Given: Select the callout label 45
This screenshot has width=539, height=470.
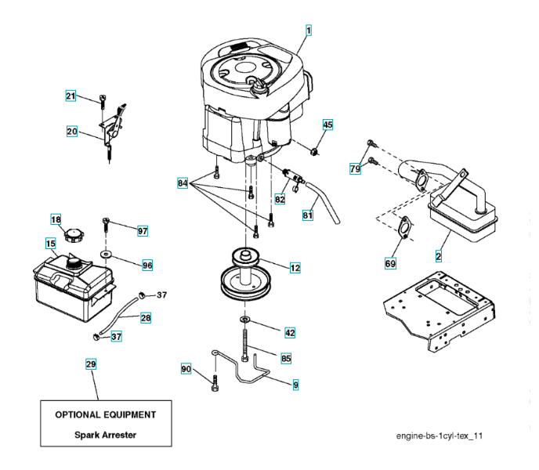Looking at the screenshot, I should pyautogui.click(x=327, y=125).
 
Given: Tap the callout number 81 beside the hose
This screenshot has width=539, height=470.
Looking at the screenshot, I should pyautogui.click(x=308, y=213).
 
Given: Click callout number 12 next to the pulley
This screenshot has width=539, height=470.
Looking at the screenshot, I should pyautogui.click(x=295, y=269).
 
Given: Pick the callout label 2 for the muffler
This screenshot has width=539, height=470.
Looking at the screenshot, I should pyautogui.click(x=438, y=256).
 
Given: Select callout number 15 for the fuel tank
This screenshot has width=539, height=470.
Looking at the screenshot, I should pyautogui.click(x=50, y=244).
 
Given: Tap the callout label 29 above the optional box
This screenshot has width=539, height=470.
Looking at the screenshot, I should pyautogui.click(x=91, y=364).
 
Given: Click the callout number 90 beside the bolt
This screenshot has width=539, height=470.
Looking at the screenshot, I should pyautogui.click(x=186, y=368).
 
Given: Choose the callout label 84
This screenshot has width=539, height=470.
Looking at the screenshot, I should pyautogui.click(x=183, y=183).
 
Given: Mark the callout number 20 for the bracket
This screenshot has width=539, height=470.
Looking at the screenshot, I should pyautogui.click(x=71, y=132).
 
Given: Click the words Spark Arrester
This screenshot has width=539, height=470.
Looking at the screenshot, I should pyautogui.click(x=106, y=433).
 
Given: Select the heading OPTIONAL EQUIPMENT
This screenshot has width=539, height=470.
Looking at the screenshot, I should pyautogui.click(x=106, y=414).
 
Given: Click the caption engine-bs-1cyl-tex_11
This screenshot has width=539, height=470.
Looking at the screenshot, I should pyautogui.click(x=444, y=433).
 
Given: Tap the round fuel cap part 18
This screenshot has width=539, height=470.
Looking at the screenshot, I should pyautogui.click(x=76, y=235).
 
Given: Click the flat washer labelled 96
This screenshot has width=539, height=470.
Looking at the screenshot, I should pyautogui.click(x=107, y=255).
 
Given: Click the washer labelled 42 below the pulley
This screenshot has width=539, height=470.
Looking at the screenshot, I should pyautogui.click(x=245, y=320).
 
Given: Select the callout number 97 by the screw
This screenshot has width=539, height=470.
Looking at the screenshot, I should pyautogui.click(x=142, y=231).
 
